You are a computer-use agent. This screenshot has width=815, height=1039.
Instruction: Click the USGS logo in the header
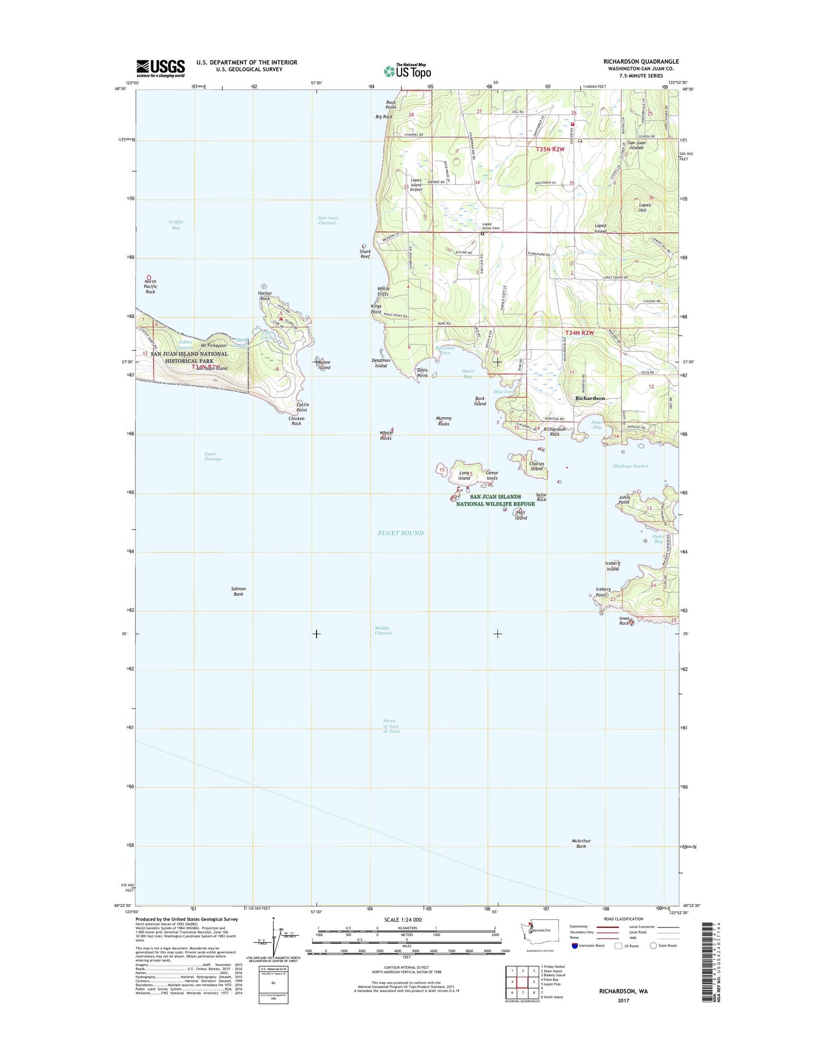tap(160, 68)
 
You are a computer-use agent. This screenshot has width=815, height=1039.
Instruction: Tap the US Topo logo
tap(407, 71)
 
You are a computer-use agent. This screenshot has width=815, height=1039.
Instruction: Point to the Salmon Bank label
tap(239, 591)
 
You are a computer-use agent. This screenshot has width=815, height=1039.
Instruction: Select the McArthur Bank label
tap(581, 843)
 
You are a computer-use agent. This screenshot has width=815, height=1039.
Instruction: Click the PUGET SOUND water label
tap(400, 533)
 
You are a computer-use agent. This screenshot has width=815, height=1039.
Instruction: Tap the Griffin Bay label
tap(175, 224)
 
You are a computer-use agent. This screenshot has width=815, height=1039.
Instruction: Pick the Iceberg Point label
tap(603, 592)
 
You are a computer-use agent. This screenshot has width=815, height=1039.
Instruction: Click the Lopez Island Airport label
tap(416, 185)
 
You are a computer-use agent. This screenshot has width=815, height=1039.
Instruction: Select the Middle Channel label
tap(383, 631)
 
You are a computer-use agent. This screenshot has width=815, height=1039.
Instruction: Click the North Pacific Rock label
tap(150, 287)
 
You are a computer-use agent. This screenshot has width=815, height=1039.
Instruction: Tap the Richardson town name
tap(590, 398)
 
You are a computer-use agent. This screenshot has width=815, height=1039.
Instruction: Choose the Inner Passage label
tap(213, 456)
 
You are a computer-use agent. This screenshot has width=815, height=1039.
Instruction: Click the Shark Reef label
tap(365, 254)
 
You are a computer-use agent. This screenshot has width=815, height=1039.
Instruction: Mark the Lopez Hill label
tap(645, 207)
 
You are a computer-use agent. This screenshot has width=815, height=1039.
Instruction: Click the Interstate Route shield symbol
tap(575, 946)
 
